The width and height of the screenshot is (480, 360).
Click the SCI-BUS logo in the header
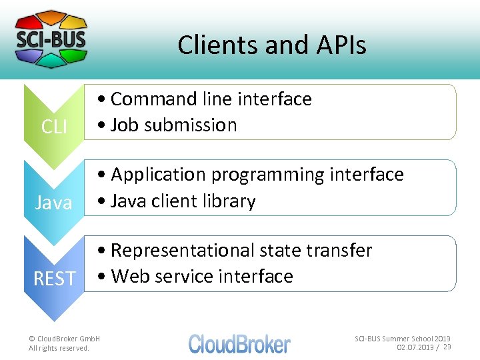[51, 39]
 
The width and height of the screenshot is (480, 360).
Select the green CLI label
[54, 126]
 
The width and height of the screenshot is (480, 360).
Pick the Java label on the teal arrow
[53, 202]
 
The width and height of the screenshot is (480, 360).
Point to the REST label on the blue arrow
[55, 278]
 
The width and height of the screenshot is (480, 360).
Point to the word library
[230, 201]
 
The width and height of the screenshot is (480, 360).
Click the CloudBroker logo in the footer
[239, 343]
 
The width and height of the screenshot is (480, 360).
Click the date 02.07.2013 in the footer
[415, 347]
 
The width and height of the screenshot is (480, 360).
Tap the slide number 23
[447, 347]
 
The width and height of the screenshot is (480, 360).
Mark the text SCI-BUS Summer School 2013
[402, 339]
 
